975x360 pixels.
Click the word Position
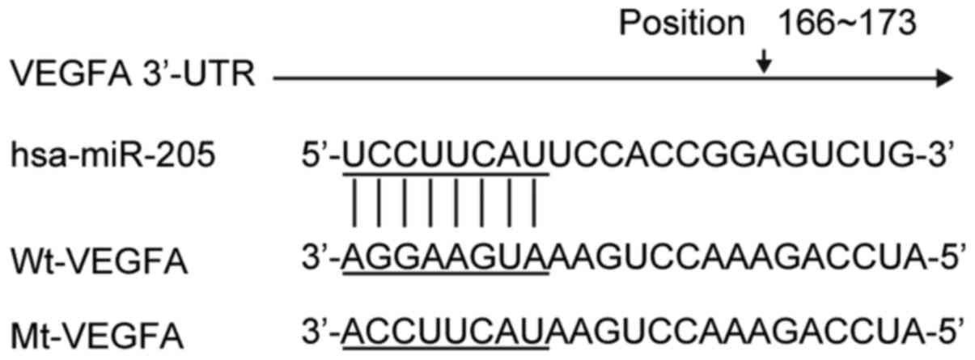point(681,23)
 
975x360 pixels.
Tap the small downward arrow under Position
point(762,63)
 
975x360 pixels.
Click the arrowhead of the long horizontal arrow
point(943,78)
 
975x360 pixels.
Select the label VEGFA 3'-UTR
point(134,78)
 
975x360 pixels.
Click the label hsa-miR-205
point(114,153)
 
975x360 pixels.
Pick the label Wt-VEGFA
point(100,263)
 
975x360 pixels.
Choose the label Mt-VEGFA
point(100,334)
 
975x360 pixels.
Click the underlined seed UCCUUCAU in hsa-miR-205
point(446,154)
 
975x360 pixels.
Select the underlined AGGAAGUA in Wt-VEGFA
point(446,263)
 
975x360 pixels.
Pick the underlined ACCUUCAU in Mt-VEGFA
point(446,334)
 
